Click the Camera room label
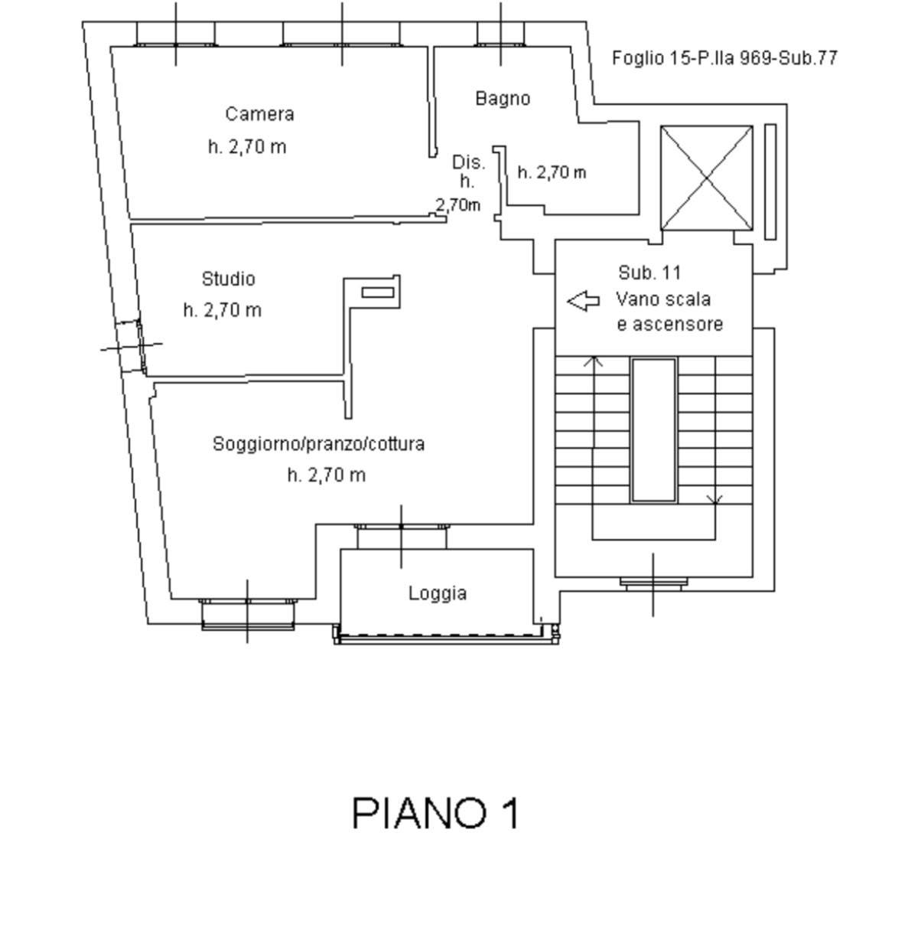[x=259, y=114]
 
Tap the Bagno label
[x=503, y=99]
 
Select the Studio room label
[x=228, y=279]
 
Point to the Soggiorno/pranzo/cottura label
[x=319, y=444]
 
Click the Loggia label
[x=438, y=594]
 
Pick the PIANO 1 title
[x=435, y=814]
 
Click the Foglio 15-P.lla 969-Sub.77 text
[x=724, y=58]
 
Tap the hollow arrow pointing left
[x=584, y=301]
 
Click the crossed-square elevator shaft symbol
[x=707, y=178]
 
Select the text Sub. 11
[x=649, y=273]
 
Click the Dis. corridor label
[x=468, y=162]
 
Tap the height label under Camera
[x=247, y=147]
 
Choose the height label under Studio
[x=222, y=310]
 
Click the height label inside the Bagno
[x=552, y=172]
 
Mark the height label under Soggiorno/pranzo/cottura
[x=327, y=475]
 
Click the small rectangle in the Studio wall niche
[x=378, y=292]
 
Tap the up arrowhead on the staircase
[x=593, y=361]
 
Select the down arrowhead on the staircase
[x=715, y=500]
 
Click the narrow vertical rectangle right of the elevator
[x=770, y=181]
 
